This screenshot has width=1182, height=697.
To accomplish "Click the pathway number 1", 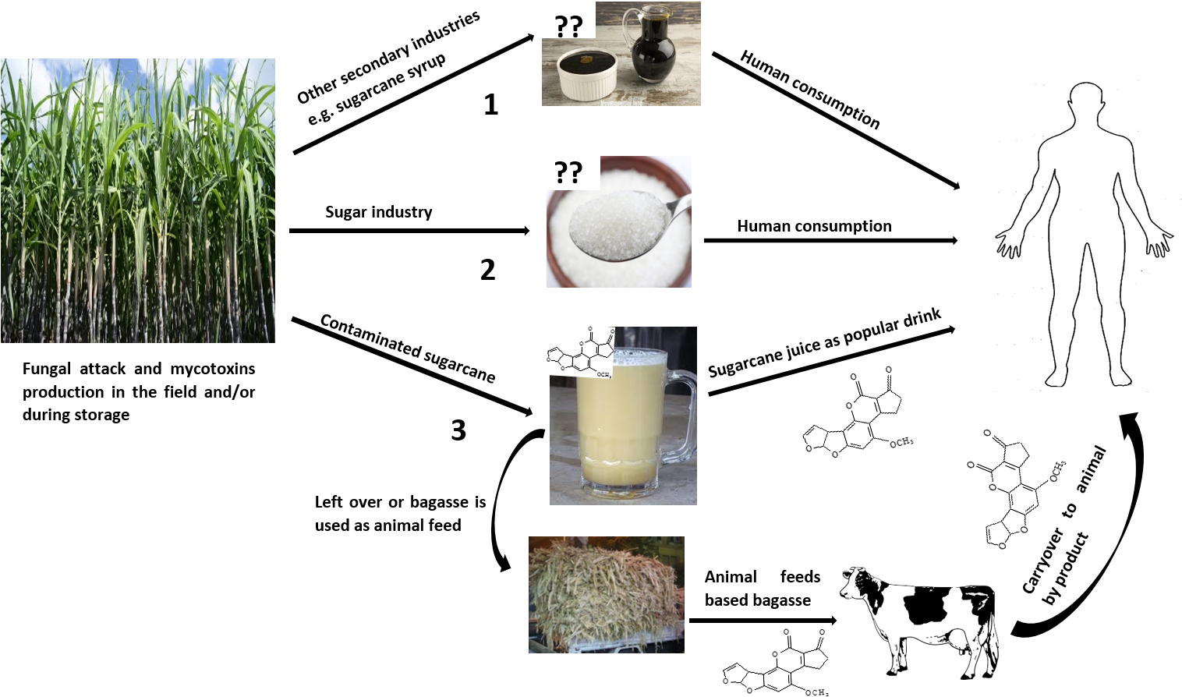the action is [490, 104].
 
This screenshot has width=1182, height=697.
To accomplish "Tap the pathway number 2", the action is [487, 270].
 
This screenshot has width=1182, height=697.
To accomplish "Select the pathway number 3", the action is [458, 430].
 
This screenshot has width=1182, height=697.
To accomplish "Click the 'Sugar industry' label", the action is [378, 212].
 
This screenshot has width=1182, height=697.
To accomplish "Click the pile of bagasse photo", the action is [607, 595].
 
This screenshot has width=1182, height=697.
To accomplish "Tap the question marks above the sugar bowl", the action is [568, 172].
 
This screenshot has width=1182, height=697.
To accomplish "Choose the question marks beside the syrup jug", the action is [569, 27].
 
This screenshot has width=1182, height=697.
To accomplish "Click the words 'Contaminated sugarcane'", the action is [408, 348].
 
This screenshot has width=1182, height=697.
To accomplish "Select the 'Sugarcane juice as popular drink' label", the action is [824, 342].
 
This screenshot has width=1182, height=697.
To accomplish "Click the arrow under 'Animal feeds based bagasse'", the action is [763, 621].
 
